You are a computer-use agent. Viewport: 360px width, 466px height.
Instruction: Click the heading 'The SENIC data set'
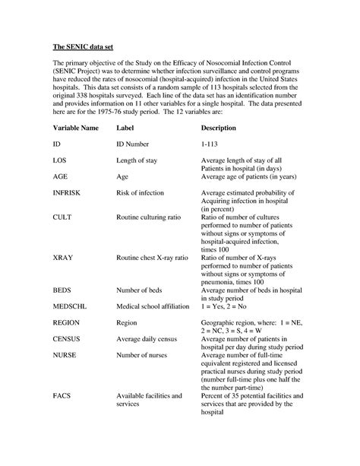80,48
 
